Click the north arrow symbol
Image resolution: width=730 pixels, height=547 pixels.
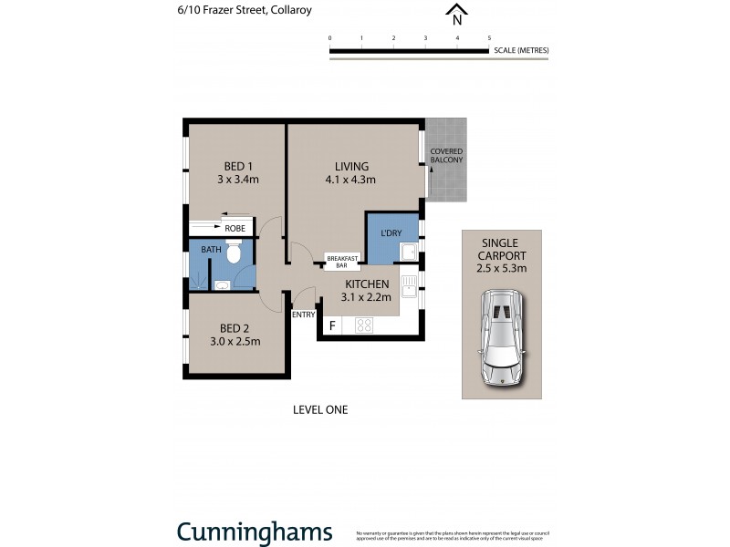click(457, 15)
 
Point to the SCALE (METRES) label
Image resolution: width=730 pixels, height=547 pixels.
click(520, 50)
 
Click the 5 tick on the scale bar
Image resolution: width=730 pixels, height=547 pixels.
click(489, 38)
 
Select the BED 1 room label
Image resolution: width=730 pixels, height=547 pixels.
click(238, 166)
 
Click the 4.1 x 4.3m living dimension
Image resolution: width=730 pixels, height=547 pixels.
click(351, 181)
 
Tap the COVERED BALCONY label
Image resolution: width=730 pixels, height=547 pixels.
click(446, 155)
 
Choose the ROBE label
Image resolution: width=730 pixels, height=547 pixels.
click(235, 228)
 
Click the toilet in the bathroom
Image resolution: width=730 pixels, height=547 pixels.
click(234, 253)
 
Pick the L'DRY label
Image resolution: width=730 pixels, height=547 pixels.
click(391, 234)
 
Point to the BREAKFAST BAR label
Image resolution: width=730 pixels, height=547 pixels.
click(341, 261)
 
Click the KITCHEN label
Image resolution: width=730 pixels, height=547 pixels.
click(367, 284)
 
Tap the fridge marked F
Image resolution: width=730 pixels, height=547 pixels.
click(332, 325)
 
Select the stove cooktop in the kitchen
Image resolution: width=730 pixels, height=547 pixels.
click(364, 325)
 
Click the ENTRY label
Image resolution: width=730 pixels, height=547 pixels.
click(303, 315)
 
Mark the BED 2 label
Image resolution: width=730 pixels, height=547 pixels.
click(235, 328)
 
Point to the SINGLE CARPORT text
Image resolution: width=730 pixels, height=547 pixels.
click(501, 249)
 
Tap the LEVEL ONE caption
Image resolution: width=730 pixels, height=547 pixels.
click(319, 410)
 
